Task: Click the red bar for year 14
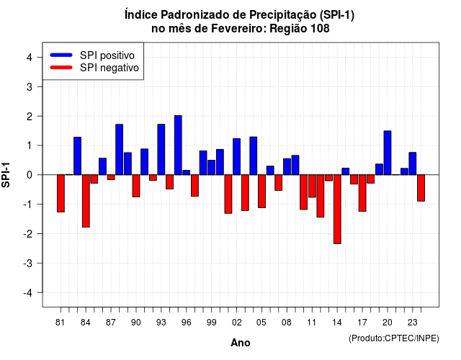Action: (x=337, y=210)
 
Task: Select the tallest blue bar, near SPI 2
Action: (x=178, y=145)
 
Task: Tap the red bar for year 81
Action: (x=61, y=194)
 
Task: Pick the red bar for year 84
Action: (x=86, y=201)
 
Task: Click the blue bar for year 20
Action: (x=388, y=153)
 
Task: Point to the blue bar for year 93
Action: (x=161, y=150)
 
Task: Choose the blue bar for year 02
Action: (x=237, y=157)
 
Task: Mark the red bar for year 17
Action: (x=362, y=193)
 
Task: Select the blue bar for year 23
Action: (x=413, y=163)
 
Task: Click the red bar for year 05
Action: (x=261, y=192)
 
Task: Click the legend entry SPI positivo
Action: (x=107, y=55)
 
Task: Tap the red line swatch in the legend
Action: (x=61, y=68)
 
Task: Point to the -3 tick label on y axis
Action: (x=28, y=264)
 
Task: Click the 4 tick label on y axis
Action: (x=30, y=58)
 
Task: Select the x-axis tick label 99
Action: (x=211, y=323)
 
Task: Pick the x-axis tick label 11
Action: (x=312, y=323)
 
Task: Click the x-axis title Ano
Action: (x=241, y=343)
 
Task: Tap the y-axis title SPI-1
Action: (x=6, y=175)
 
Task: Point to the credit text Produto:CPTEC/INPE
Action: (x=394, y=338)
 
